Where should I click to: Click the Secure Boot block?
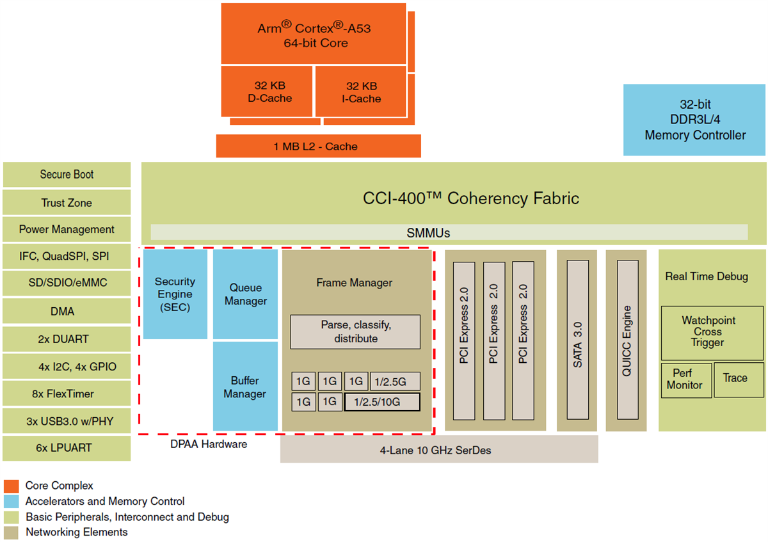coord(67,175)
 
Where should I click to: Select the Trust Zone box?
coord(67,203)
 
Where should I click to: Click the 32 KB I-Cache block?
coord(361,92)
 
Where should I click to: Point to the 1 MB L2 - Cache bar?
coord(318,147)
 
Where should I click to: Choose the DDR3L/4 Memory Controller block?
coord(694,120)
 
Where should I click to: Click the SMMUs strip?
coord(448,232)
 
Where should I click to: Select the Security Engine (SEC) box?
coord(175,294)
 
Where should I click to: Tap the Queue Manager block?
coord(245,294)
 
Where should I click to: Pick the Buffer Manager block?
coord(245,387)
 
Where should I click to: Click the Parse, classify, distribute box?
coord(355,331)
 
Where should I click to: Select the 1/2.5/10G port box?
coord(382,402)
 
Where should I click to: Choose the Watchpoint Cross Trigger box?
coord(712,332)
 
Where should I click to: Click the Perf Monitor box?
coord(686,380)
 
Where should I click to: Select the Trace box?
coord(739,379)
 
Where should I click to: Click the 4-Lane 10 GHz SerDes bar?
coord(439,450)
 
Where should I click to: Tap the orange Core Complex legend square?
coord(11,486)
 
